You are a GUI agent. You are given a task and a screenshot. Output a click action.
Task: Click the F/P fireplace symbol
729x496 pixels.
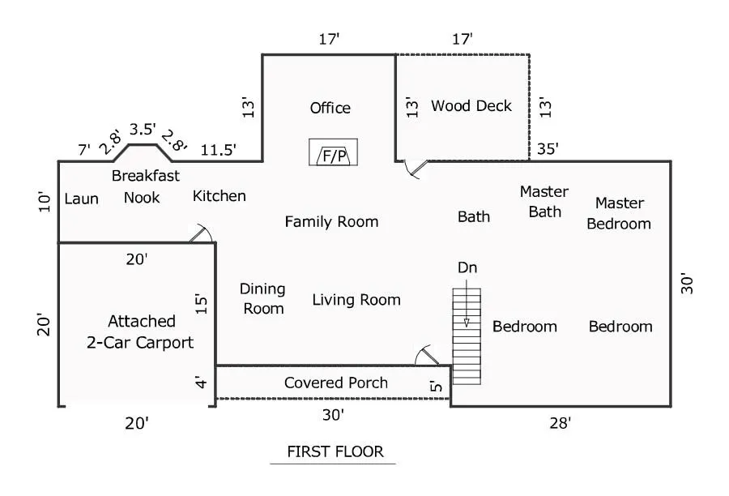point(334,152)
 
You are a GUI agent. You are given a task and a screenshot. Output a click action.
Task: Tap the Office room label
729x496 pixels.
point(330,108)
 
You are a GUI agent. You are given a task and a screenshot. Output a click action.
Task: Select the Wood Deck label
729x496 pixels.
point(471,105)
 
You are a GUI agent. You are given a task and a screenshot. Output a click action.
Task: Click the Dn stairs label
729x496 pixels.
point(467,267)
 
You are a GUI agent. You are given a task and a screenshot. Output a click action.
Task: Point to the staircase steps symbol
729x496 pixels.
point(467,336)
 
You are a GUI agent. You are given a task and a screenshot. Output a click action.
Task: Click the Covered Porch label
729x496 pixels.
point(335,383)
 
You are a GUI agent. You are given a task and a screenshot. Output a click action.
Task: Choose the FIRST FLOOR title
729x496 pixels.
point(335,451)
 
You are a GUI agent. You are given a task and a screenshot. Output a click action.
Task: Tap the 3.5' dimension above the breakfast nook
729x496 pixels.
point(143,130)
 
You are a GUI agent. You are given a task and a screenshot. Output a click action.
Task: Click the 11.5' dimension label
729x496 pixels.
point(218,150)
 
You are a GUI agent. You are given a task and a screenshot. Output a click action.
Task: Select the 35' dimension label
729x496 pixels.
point(548,149)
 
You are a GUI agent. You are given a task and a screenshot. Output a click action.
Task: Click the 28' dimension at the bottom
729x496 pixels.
point(560,423)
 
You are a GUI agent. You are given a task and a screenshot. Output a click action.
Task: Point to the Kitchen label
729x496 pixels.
point(219,196)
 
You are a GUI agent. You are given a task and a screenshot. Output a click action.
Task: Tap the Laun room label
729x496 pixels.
point(81,199)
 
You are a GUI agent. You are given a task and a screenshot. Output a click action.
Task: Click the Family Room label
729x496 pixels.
point(331,222)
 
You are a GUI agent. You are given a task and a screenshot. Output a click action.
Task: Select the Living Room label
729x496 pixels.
point(356,300)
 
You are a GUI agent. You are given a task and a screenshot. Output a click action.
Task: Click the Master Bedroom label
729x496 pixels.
point(619,213)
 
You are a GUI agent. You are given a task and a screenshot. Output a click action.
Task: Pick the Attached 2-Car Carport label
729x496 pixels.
point(140,331)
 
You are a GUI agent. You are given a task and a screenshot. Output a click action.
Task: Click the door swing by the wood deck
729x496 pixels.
point(416,169)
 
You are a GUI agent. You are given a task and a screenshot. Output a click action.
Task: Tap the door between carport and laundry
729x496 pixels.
point(202,233)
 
